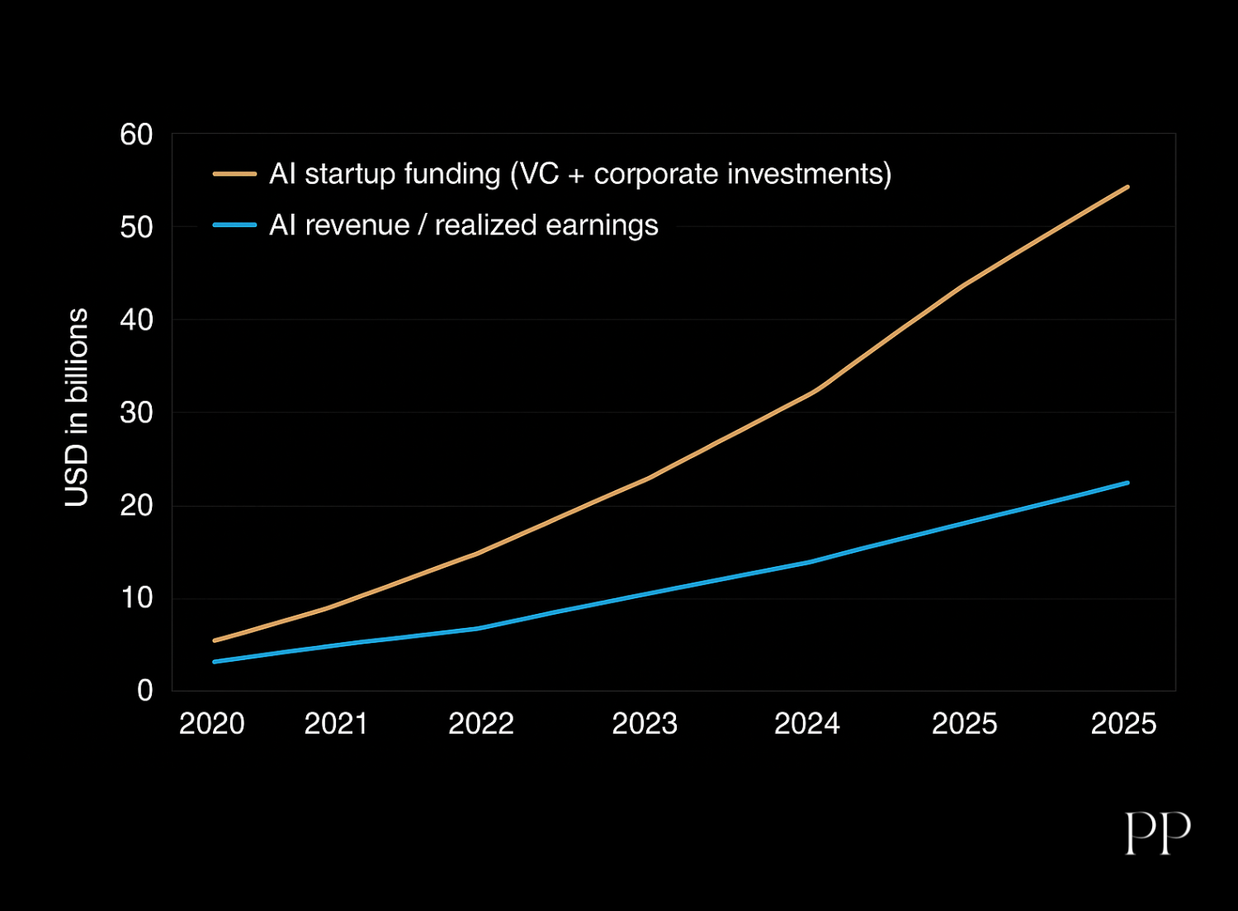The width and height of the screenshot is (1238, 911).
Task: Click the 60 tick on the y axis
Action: pos(136,135)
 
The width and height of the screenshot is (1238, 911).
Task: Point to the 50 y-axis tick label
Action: pos(136,228)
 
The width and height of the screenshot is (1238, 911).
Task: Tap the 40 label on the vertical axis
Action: pos(136,320)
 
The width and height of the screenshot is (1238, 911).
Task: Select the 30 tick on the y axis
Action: pos(136,413)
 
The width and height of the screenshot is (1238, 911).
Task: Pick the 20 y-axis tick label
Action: pos(136,506)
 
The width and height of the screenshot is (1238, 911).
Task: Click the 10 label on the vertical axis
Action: pos(136,598)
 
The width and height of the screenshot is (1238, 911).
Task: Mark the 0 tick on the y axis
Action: pos(145,691)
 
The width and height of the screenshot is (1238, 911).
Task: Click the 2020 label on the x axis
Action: pos(212,724)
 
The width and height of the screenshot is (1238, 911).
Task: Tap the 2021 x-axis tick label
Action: pos(336,724)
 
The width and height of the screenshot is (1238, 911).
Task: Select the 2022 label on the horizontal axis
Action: pos(481,724)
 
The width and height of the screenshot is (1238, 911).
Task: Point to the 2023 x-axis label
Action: pos(645,724)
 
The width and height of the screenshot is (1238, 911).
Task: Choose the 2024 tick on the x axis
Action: pos(807,724)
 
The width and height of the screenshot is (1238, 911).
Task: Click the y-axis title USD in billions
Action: pos(77,407)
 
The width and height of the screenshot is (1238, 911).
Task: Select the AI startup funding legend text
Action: pos(580,174)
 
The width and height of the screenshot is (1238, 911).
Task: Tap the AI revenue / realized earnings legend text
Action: pos(464,225)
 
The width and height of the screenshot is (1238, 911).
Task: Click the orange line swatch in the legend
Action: pos(234,174)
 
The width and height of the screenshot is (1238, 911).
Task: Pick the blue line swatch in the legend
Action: pos(234,225)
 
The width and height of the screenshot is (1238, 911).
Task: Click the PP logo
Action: pos(1158,833)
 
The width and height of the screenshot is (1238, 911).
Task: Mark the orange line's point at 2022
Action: pos(478,553)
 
